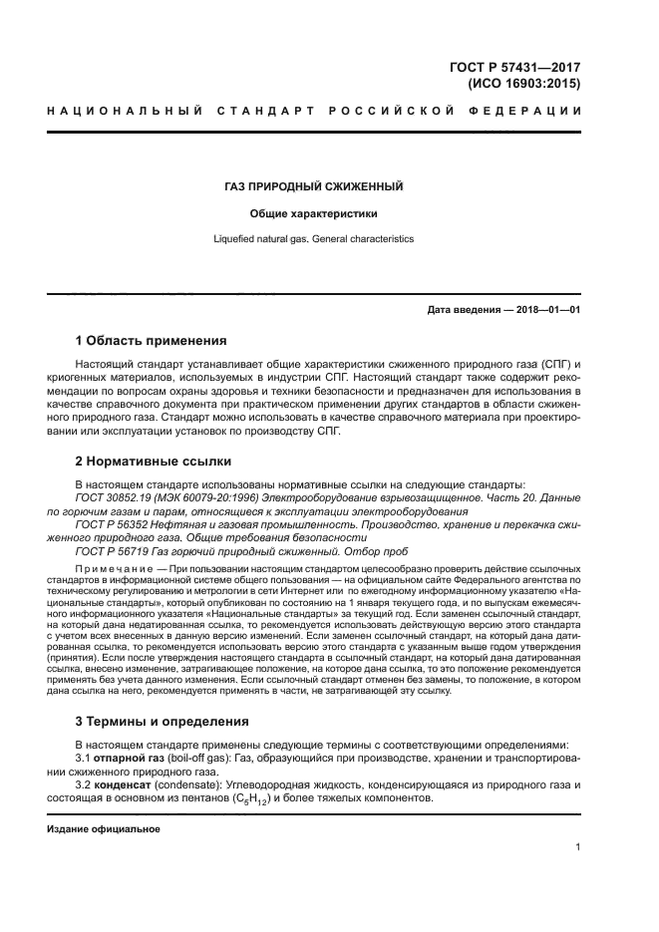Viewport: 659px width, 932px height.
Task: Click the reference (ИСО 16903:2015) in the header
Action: click(x=523, y=85)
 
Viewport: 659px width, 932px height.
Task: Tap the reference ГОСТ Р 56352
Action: click(x=112, y=523)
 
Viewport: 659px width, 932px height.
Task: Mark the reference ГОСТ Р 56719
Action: click(x=112, y=551)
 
